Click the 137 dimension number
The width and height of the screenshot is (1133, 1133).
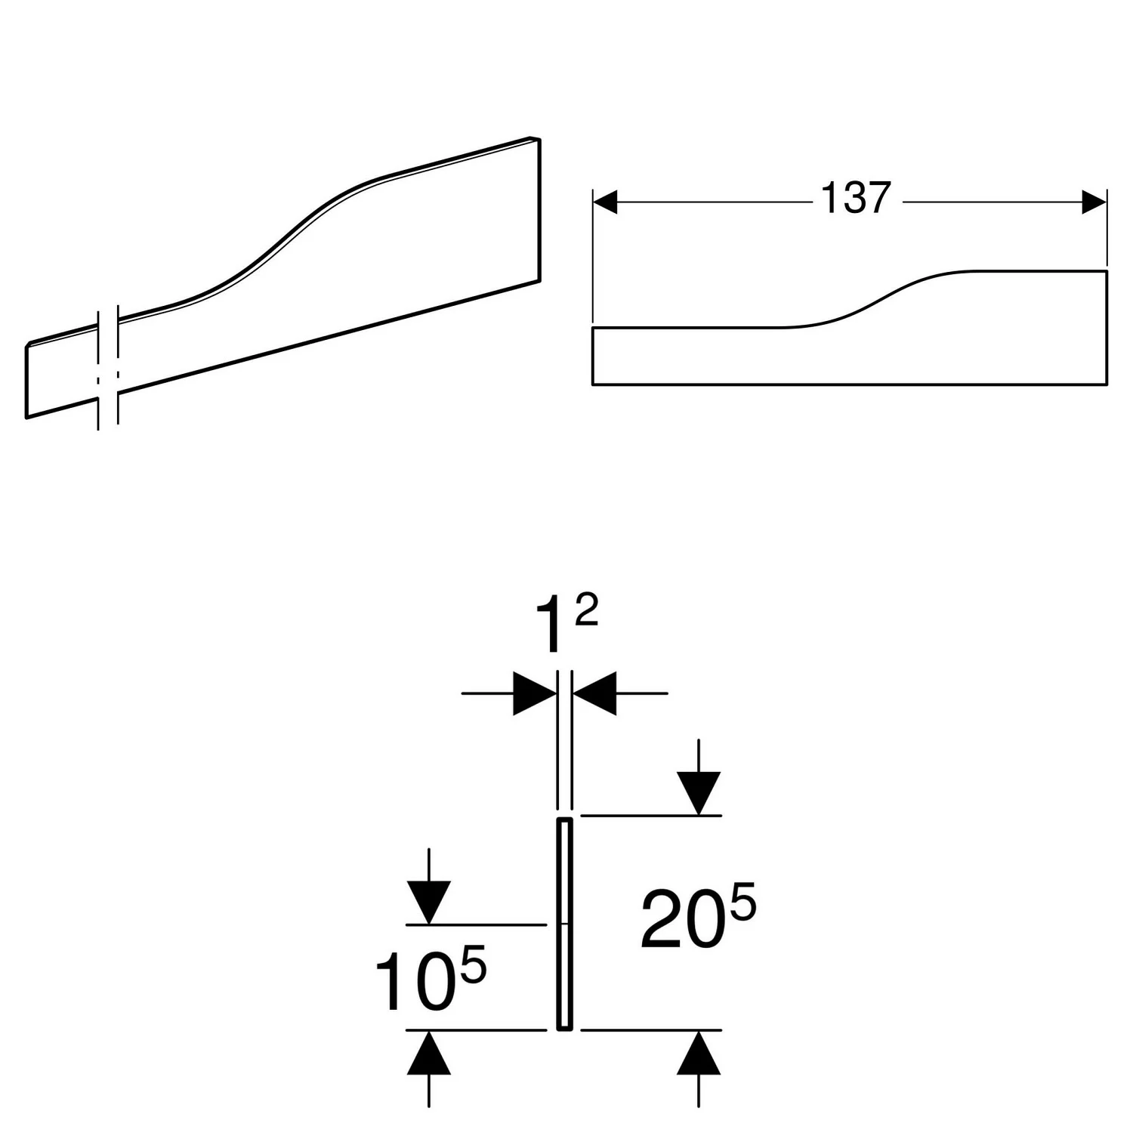[x=856, y=199]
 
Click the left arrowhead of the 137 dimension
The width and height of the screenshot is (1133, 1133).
[x=606, y=202]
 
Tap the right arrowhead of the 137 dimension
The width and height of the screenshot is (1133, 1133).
[x=1094, y=202]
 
